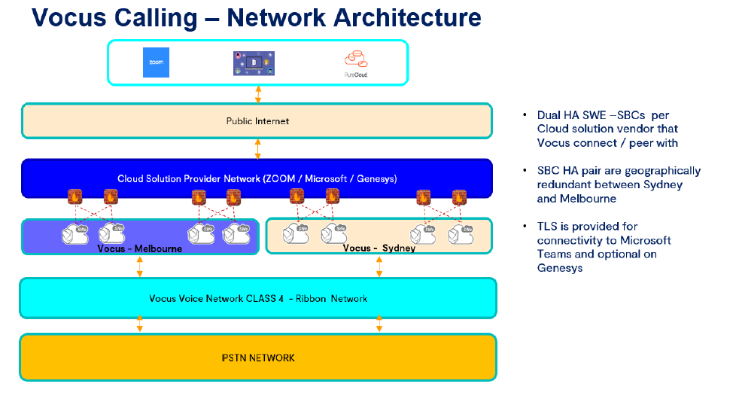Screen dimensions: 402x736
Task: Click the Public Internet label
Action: pyautogui.click(x=257, y=120)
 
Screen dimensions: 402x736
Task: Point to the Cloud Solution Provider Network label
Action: pyautogui.click(x=257, y=178)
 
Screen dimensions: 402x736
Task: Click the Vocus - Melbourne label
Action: pyautogui.click(x=139, y=248)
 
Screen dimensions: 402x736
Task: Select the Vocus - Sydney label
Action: pyautogui.click(x=379, y=248)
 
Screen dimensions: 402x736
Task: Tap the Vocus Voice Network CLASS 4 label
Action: pyautogui.click(x=257, y=298)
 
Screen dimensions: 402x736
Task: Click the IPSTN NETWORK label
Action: pyautogui.click(x=257, y=357)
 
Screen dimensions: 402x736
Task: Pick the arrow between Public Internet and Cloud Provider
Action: pyautogui.click(x=258, y=148)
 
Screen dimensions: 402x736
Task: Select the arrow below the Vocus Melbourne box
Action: pyautogui.click(x=139, y=266)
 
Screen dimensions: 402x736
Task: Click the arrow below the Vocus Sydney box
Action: pyautogui.click(x=379, y=266)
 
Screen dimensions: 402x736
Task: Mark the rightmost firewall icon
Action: pyautogui.click(x=460, y=197)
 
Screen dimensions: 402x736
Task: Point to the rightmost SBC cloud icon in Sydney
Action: pyautogui.click(x=461, y=233)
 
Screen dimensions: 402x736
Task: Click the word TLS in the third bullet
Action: pyautogui.click(x=546, y=226)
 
